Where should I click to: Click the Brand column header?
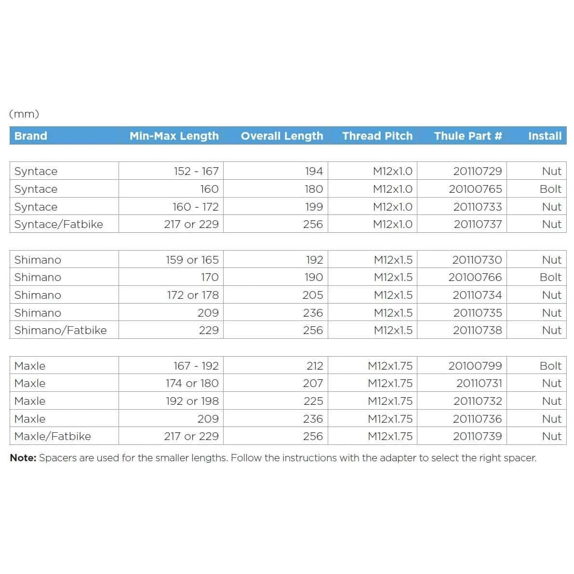[x=31, y=136]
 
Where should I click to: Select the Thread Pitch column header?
[x=377, y=136]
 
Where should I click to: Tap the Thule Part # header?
[x=468, y=136]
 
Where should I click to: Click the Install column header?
[x=545, y=136]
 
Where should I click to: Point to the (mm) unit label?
[x=24, y=114]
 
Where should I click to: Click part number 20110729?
[x=477, y=171]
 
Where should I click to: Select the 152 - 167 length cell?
[x=196, y=171]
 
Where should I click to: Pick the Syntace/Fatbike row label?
[x=59, y=224]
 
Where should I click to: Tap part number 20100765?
[x=475, y=189]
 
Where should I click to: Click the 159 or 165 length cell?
[x=192, y=260]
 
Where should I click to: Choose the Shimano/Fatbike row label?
[x=61, y=330]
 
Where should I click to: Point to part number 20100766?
[x=475, y=277]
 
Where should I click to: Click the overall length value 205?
[x=313, y=295]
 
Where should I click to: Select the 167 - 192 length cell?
[x=196, y=366]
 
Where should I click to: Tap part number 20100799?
[x=475, y=366]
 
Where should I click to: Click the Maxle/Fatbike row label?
[x=53, y=436]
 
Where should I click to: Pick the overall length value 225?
[x=313, y=401]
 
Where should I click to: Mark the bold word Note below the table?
[x=23, y=458]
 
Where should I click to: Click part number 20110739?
[x=477, y=436]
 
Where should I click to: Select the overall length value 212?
[x=314, y=366]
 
